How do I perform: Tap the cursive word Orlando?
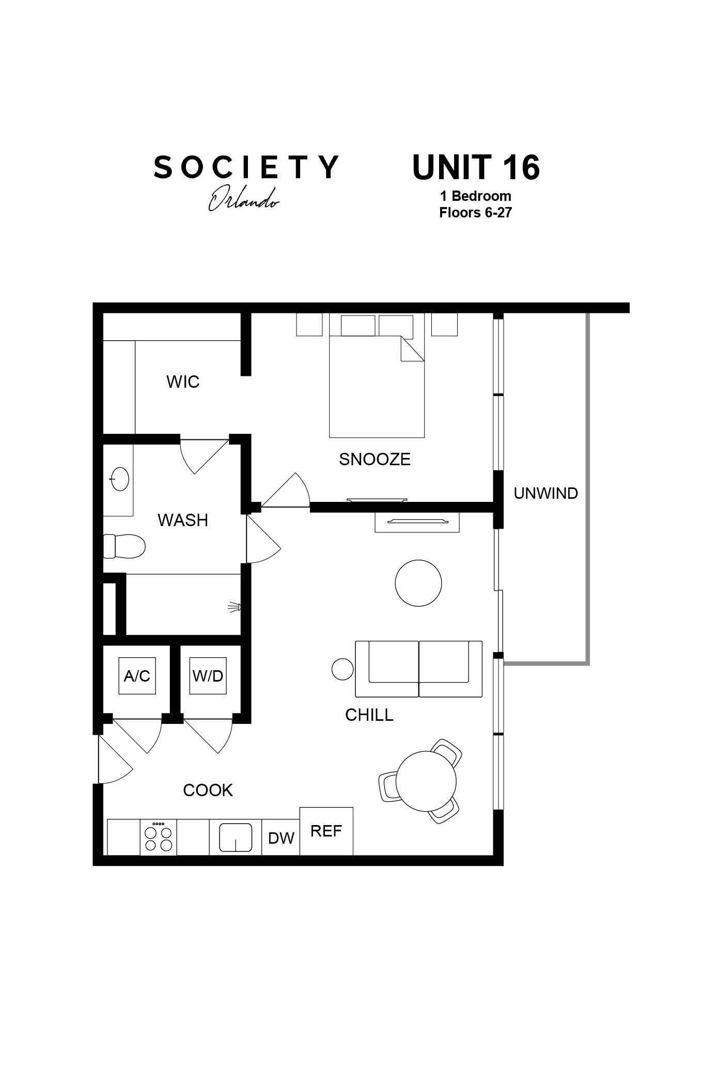pyautogui.click(x=243, y=199)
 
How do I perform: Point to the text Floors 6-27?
pyautogui.click(x=475, y=213)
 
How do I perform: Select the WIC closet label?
pyautogui.click(x=183, y=382)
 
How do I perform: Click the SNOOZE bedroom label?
pyautogui.click(x=375, y=459)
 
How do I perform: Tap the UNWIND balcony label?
pyautogui.click(x=545, y=493)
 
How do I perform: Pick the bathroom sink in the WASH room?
pyautogui.click(x=119, y=479)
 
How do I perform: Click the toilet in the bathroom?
pyautogui.click(x=124, y=546)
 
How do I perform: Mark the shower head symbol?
pyautogui.click(x=235, y=607)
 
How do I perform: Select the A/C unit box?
pyautogui.click(x=137, y=676)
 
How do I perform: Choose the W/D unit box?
pyautogui.click(x=208, y=676)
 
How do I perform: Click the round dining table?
pyautogui.click(x=426, y=781)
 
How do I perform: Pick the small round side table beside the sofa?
pyautogui.click(x=342, y=669)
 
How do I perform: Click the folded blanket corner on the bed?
pyautogui.click(x=412, y=349)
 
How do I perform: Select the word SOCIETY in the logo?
pyautogui.click(x=246, y=167)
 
